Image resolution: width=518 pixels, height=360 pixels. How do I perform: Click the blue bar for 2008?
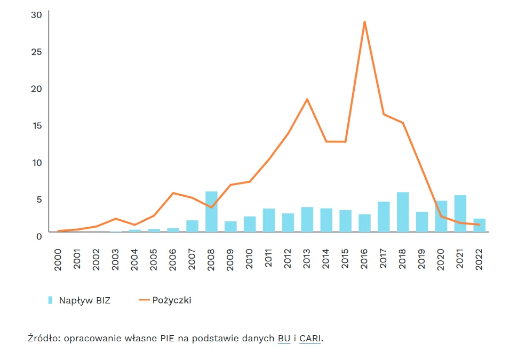coord(211,212)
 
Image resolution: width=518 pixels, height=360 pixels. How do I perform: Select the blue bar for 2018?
coord(403,212)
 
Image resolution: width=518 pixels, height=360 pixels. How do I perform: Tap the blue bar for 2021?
coord(460,214)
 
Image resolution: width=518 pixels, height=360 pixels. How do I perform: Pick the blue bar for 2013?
coord(307,220)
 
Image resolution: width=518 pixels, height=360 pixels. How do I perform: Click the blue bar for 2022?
coord(480,225)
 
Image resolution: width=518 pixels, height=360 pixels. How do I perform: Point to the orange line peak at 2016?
coord(364,22)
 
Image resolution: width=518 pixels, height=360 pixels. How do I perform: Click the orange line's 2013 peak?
coord(307,99)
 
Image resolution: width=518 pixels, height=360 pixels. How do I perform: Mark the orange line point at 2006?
coord(173,193)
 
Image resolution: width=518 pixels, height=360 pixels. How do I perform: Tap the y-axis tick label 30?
coord(36,15)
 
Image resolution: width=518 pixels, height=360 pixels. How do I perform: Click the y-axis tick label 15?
coord(37,125)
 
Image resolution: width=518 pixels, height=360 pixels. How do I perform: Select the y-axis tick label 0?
coord(39,236)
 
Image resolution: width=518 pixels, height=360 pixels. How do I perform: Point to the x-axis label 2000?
coord(58,260)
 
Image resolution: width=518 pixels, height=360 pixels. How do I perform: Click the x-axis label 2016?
coord(364,259)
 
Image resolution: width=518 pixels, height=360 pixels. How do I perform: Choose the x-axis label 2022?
coord(479,260)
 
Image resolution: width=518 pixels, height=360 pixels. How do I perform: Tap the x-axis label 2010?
coord(249,259)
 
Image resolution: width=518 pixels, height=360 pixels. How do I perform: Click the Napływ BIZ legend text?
coord(85,300)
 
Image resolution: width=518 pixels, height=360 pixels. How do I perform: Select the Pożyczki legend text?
coord(172,300)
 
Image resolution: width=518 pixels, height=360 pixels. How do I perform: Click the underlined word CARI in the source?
coord(310,339)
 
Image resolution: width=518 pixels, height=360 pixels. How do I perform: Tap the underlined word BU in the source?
coord(284,339)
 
